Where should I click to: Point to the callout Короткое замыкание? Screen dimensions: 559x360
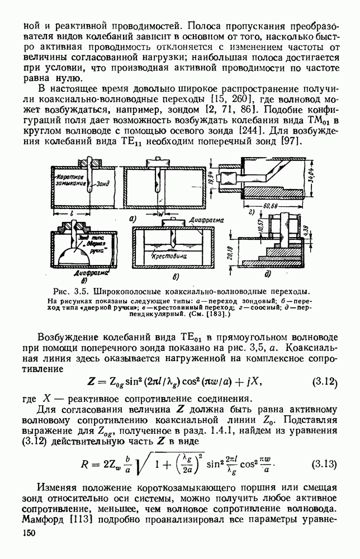pos(70,179)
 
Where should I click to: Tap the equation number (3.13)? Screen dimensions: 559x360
pos(326,465)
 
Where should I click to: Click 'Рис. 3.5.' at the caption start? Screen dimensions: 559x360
pos(69,292)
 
